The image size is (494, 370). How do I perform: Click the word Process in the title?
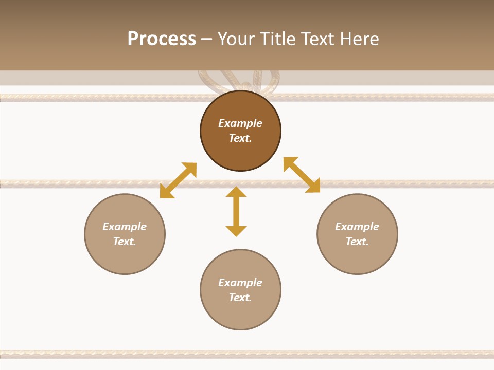click(x=162, y=39)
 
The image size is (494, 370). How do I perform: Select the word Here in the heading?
click(x=360, y=39)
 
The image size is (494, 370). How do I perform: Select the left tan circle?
click(x=125, y=257)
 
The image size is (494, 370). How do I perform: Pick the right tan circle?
click(x=357, y=257)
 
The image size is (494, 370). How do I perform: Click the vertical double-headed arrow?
click(x=236, y=211)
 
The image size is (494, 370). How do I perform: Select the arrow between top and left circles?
click(x=178, y=180)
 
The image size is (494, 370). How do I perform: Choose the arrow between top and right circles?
click(x=302, y=175)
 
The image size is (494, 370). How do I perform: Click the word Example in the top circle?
click(x=240, y=123)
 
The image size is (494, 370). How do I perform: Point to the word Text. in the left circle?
click(x=125, y=242)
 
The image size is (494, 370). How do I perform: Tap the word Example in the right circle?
click(x=357, y=227)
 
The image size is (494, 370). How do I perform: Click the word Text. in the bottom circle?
click(x=240, y=298)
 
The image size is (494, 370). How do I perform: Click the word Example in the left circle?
click(x=125, y=227)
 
